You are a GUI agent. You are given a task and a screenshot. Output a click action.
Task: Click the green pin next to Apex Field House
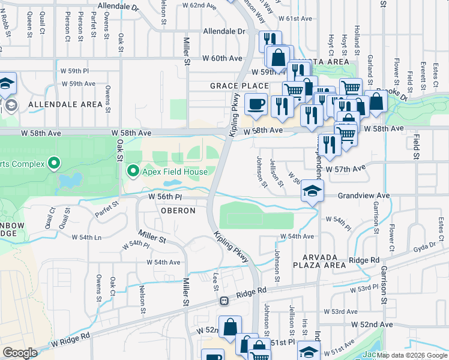point(133,172)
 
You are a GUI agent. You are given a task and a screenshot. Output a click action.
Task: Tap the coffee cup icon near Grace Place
point(256,104)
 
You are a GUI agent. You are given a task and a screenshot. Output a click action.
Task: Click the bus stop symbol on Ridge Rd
point(224,301)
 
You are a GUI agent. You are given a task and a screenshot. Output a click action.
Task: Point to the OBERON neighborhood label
point(178,211)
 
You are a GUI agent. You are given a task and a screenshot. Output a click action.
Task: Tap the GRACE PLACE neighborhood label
point(239,86)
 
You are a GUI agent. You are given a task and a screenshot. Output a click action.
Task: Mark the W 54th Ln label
point(86,237)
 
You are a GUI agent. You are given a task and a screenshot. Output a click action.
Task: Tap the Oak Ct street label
point(112,286)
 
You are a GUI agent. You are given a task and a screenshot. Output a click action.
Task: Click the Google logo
point(20,353)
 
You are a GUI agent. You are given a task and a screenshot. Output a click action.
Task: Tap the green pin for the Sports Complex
point(53,163)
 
